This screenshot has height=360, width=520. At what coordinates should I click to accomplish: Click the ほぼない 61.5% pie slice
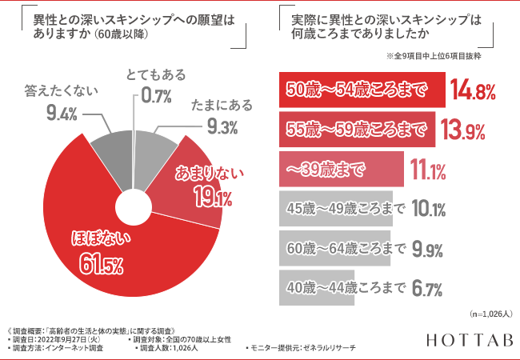pos(104,248)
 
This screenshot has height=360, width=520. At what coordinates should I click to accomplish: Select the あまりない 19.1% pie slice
pos(196,184)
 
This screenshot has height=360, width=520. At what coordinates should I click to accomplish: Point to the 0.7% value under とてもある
pos(155,97)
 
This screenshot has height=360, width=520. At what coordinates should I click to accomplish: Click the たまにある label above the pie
pos(219,106)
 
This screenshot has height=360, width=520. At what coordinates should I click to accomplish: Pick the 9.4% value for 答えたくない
pos(62,113)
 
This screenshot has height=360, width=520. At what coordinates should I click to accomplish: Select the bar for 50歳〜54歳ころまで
pos(361,89)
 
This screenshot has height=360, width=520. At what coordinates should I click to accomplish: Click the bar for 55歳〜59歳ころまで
pos(357,128)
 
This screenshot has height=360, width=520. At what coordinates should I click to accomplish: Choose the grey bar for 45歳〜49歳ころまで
pos(336,210)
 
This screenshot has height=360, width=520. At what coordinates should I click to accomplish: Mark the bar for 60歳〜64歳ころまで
pos(334,249)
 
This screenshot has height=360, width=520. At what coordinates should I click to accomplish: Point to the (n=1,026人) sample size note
pos(486,314)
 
